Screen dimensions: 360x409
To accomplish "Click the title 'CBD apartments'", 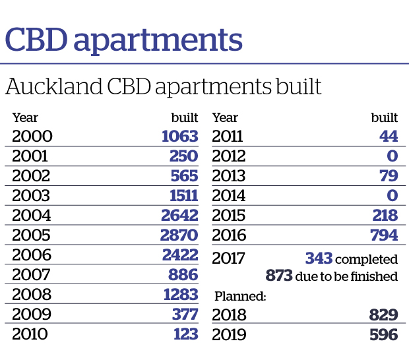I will pos(123,41).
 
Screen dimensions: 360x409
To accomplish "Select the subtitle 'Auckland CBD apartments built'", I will pos(163,87).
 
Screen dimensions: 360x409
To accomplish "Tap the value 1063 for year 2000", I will pos(179,136).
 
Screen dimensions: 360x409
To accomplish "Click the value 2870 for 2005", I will pos(179,235).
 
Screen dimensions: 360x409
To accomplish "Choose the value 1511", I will pos(179,196).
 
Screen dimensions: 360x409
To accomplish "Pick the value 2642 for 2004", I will pos(179,216).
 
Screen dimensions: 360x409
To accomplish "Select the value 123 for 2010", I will pos(184,334).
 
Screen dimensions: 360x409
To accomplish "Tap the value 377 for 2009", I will pos(184,315).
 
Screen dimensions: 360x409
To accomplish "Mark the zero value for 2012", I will pos(392,156).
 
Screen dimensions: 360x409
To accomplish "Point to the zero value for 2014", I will pos(392,196).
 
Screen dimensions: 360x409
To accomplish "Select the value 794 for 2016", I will pos(384,235).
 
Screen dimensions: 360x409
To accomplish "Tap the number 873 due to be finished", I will pos(279,276).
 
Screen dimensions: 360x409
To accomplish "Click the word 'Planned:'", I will pos(239,297).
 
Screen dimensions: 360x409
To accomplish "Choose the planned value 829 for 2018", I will pos(384,315).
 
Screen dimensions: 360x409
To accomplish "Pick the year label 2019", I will pos(229,335).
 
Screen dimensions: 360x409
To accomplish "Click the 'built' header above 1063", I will pos(184,119).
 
